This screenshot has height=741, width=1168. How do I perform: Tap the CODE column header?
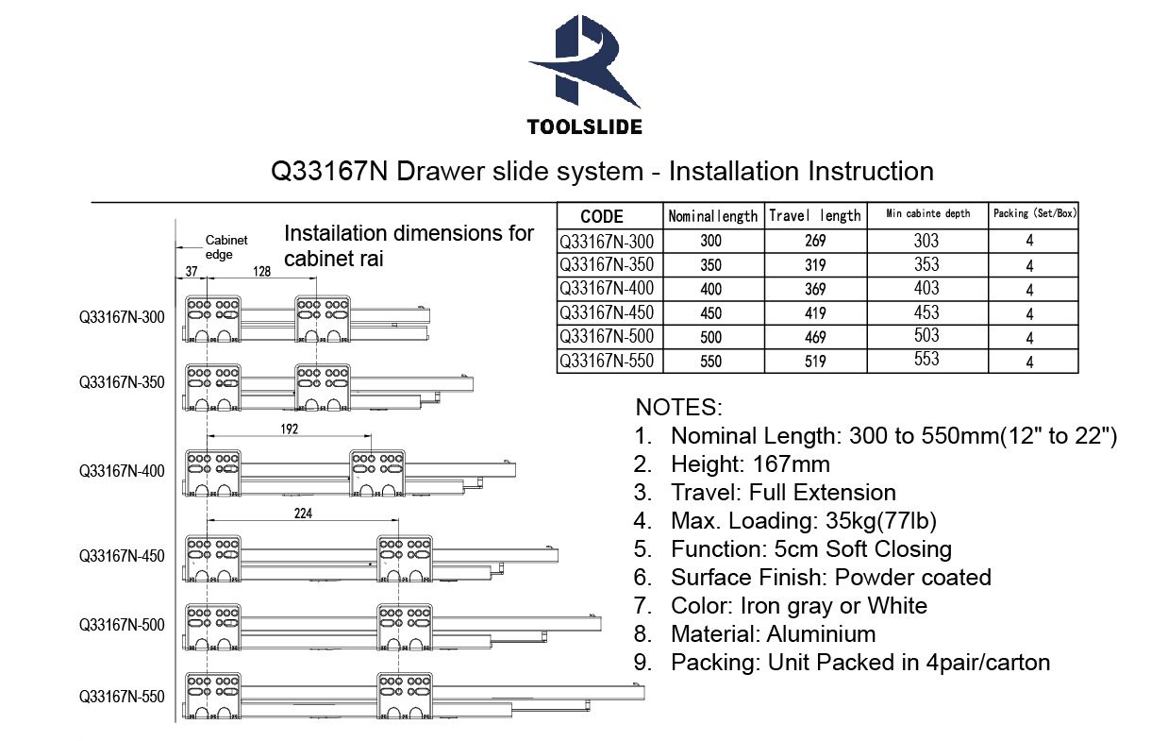(x=602, y=216)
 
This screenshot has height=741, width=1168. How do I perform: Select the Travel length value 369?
(x=815, y=289)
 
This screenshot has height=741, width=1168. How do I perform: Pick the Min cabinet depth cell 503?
(x=926, y=335)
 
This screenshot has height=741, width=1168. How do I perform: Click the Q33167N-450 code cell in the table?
(x=607, y=312)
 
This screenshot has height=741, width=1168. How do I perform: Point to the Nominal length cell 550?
(x=710, y=362)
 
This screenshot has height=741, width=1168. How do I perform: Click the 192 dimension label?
(x=290, y=429)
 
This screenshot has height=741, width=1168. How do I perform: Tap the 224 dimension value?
(x=303, y=514)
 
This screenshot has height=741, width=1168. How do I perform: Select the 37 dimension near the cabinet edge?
(x=192, y=271)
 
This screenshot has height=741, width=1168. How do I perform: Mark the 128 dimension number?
(x=261, y=271)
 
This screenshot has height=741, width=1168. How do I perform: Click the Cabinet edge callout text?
(x=226, y=247)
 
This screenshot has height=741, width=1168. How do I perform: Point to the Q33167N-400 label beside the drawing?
(x=122, y=471)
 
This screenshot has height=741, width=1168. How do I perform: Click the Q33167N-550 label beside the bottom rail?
(x=122, y=697)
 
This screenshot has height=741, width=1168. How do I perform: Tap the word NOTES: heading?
(x=679, y=408)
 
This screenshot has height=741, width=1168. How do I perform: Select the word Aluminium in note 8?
(x=821, y=634)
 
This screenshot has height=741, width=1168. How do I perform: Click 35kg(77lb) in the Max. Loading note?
(x=881, y=521)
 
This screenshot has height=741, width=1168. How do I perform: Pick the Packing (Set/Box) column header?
(x=1035, y=213)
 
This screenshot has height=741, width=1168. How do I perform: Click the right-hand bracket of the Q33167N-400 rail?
(x=377, y=473)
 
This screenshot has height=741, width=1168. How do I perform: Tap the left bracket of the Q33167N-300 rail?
(x=213, y=318)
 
